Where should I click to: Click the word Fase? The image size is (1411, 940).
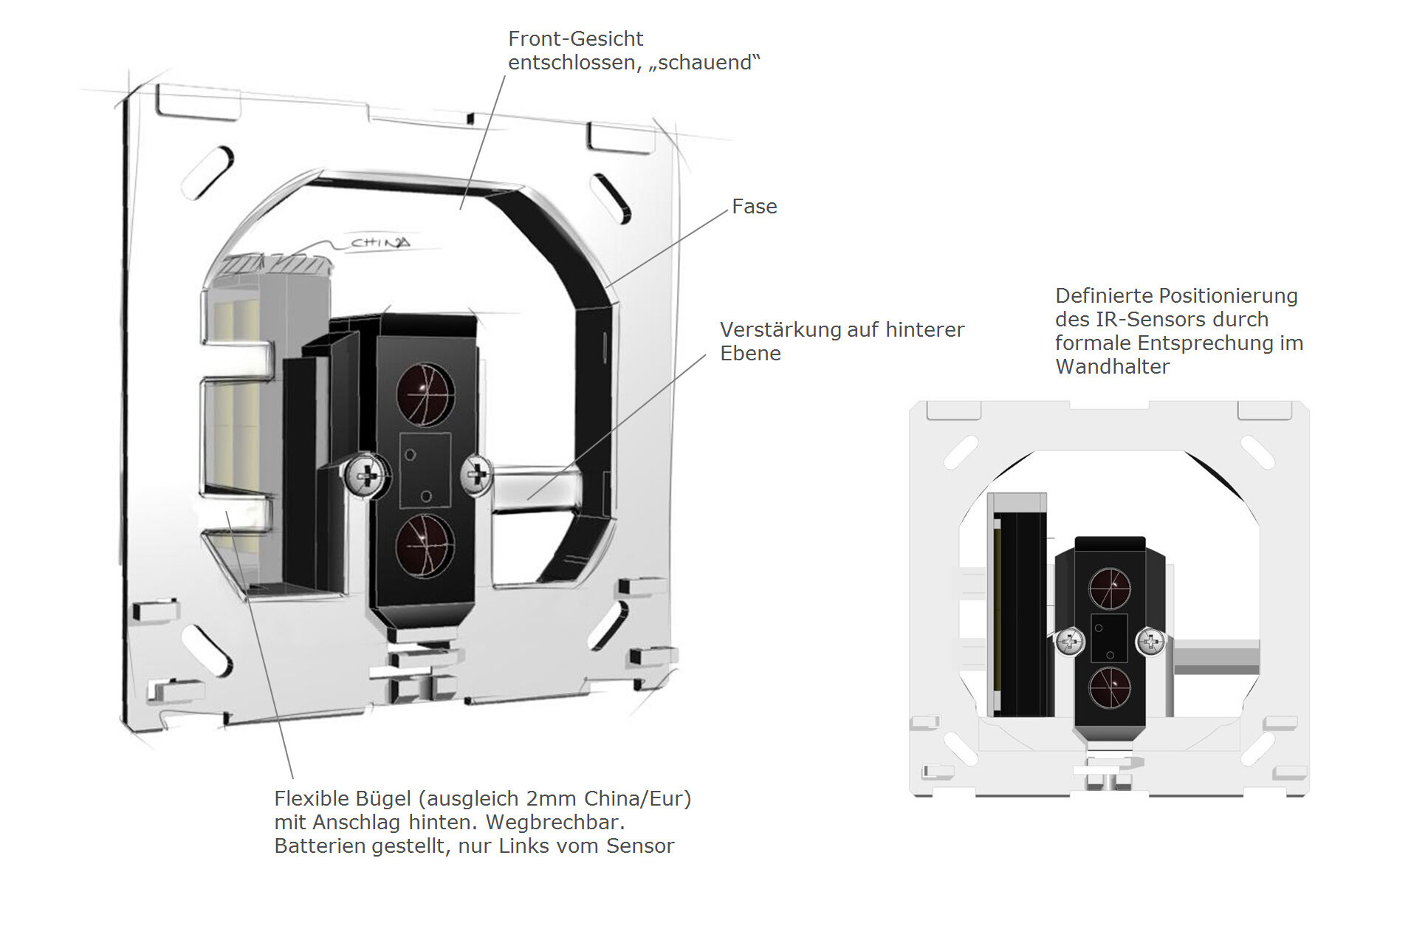point(754,207)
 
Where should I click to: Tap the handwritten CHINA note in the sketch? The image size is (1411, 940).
point(380,242)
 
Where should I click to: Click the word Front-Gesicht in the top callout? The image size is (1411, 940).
point(575,39)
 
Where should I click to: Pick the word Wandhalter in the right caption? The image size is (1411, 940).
point(1112,367)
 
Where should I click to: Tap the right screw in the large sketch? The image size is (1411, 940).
point(477,473)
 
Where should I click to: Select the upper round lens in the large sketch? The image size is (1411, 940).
point(425,394)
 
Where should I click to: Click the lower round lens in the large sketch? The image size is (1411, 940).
point(425,545)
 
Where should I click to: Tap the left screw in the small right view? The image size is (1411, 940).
point(1071,641)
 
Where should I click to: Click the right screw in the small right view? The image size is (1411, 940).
point(1150,642)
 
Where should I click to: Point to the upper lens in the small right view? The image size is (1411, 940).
point(1110,589)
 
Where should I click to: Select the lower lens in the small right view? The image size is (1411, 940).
point(1110,687)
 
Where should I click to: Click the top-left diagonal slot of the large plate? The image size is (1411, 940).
point(207,173)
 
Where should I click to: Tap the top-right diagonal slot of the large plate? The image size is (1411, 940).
point(611,197)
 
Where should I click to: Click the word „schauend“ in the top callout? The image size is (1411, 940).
point(704,63)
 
